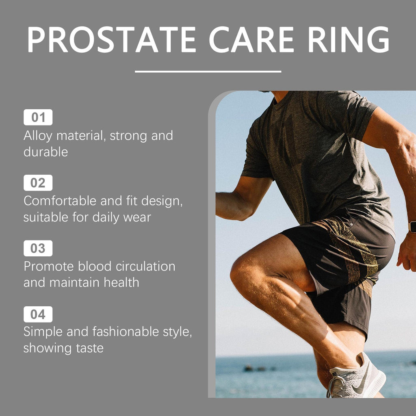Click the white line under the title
[208, 71]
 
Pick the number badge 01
[38, 117]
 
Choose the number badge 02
[38, 183]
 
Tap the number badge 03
[38, 248]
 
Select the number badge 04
[38, 314]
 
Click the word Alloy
[38, 136]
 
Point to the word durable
[45, 152]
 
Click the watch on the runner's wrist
[412, 227]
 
